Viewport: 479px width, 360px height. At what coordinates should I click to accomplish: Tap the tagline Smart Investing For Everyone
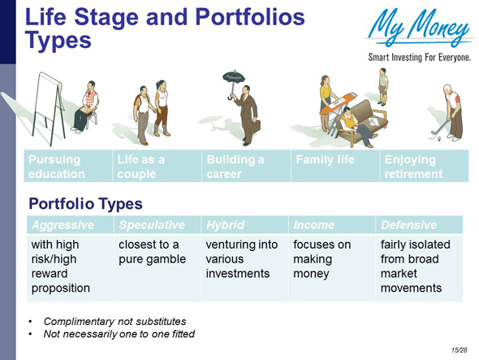(419, 59)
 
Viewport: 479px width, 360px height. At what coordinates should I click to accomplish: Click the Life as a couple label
(135, 167)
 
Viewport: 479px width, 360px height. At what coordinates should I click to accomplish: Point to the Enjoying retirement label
(414, 167)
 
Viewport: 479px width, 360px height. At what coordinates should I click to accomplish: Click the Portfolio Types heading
(86, 202)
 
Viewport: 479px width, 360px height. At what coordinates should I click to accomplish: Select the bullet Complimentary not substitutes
(114, 321)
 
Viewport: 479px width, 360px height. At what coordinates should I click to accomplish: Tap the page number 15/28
(461, 349)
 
